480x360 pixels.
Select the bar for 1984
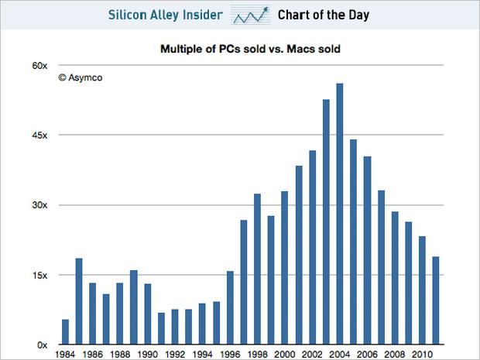[x=65, y=332]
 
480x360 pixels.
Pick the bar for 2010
[x=422, y=290]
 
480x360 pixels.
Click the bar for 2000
[x=285, y=267]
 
